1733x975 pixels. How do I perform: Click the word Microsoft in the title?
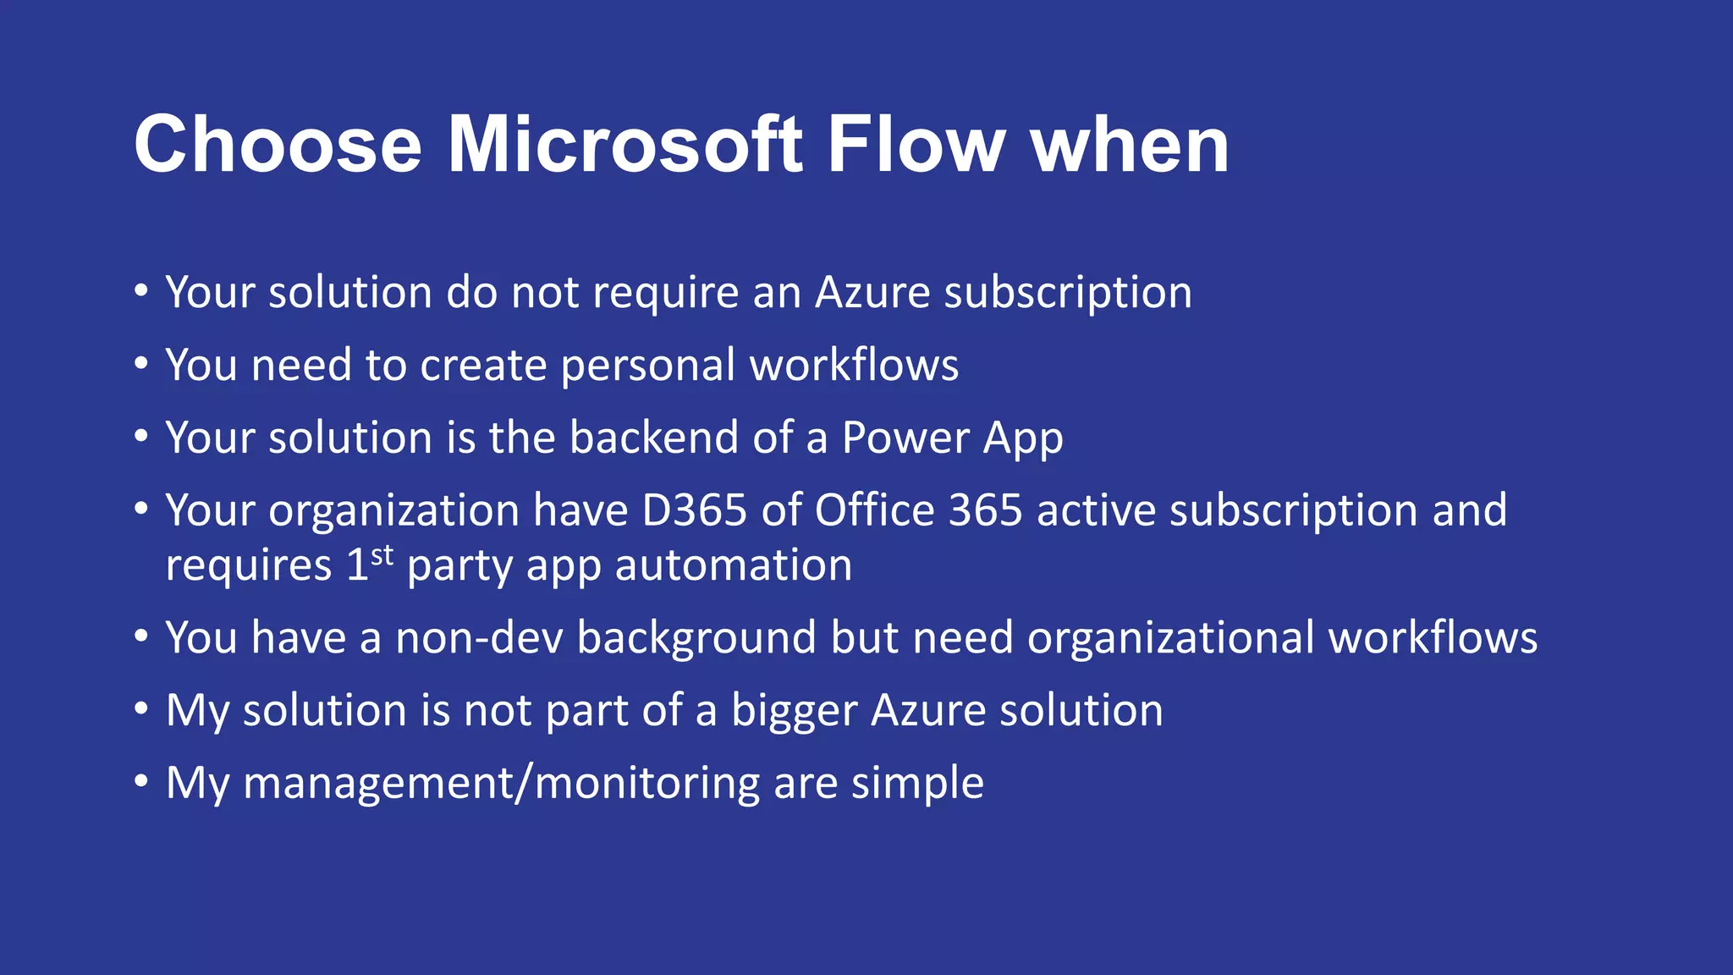624,146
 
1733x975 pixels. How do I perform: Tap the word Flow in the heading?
916,146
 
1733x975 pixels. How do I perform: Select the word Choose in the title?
278,146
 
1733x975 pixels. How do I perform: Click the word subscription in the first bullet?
1067,294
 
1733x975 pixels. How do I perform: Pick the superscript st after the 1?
382,555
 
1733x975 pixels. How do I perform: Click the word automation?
733,565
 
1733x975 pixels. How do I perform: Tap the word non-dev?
479,638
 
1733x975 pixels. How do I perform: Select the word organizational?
1170,638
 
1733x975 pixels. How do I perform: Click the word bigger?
794,711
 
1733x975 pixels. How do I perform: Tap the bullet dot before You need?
141,365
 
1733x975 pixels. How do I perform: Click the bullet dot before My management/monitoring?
141,783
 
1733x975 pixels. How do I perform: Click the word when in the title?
1129,146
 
